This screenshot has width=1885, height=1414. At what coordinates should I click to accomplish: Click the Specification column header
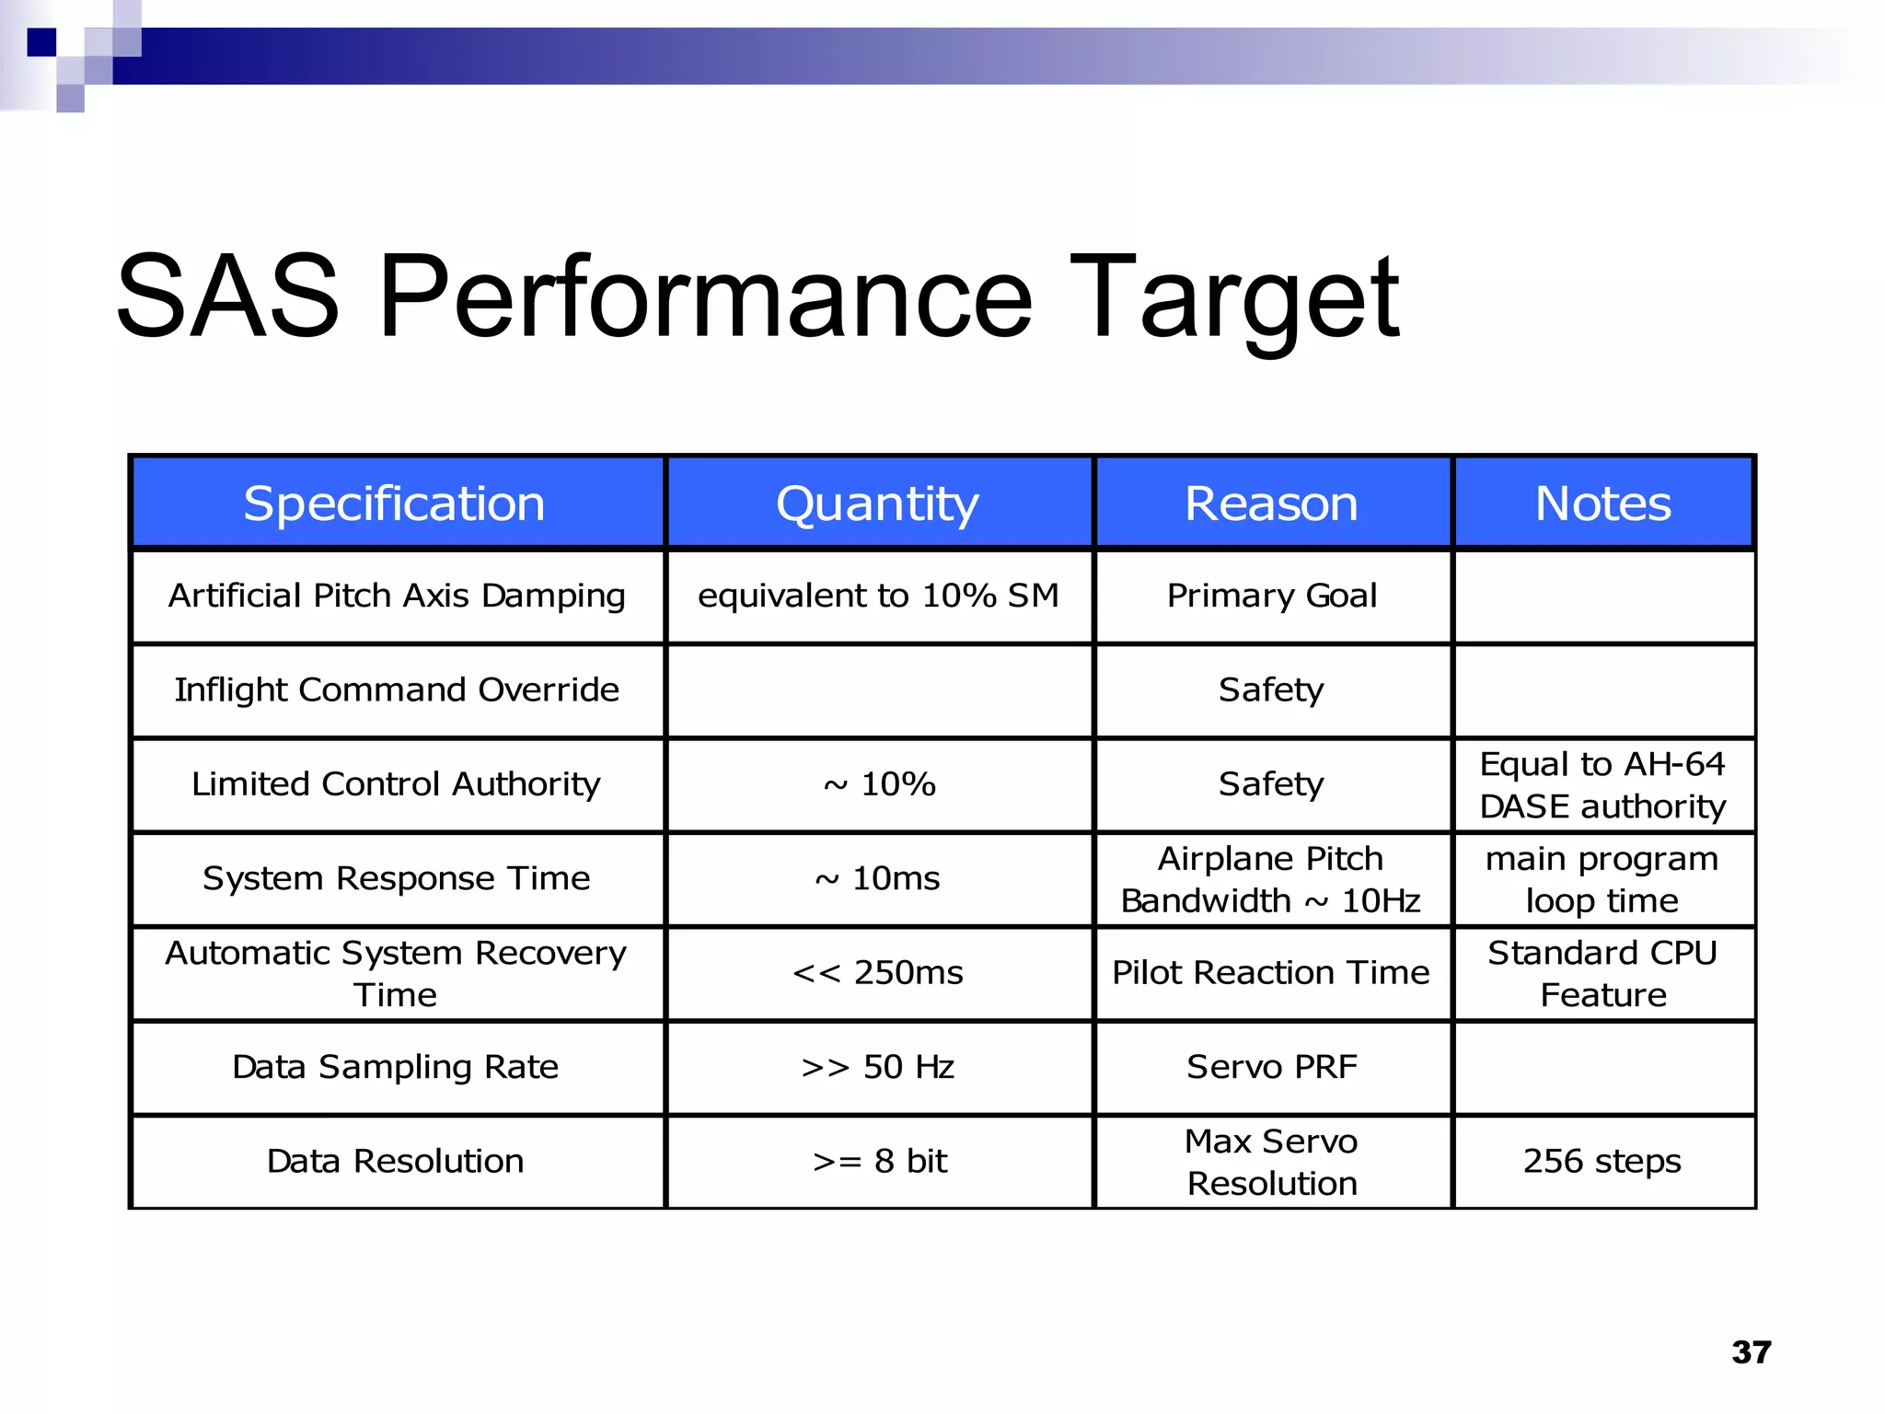coord(395,504)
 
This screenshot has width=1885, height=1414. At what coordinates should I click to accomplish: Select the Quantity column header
coord(877,504)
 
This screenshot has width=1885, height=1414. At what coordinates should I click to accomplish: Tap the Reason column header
coord(1271,504)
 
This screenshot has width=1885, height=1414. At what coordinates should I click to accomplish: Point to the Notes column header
coord(1602,504)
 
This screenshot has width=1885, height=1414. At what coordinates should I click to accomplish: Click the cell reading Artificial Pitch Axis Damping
coord(397,596)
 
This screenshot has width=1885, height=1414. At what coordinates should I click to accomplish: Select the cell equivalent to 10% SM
coord(878,596)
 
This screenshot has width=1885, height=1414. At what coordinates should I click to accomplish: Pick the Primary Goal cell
coord(1271,596)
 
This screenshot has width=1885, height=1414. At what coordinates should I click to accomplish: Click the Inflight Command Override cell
coord(397,690)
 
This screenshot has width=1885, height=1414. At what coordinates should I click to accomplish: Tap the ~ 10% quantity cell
coord(879,784)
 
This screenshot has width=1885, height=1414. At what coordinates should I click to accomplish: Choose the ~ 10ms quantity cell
coord(877,878)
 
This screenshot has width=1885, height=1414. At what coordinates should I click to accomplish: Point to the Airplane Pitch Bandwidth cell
coord(1271,879)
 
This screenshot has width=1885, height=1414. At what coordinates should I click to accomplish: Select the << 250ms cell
coord(877,973)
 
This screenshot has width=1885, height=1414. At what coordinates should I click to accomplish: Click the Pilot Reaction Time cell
coord(1271,973)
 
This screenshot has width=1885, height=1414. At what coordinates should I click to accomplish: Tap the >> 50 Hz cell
coord(877,1067)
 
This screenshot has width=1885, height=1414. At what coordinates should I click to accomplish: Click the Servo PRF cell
coord(1271,1067)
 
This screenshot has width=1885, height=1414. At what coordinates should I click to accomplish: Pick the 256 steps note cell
coord(1602,1161)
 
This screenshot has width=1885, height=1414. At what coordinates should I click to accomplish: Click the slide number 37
coord(1751,1351)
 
